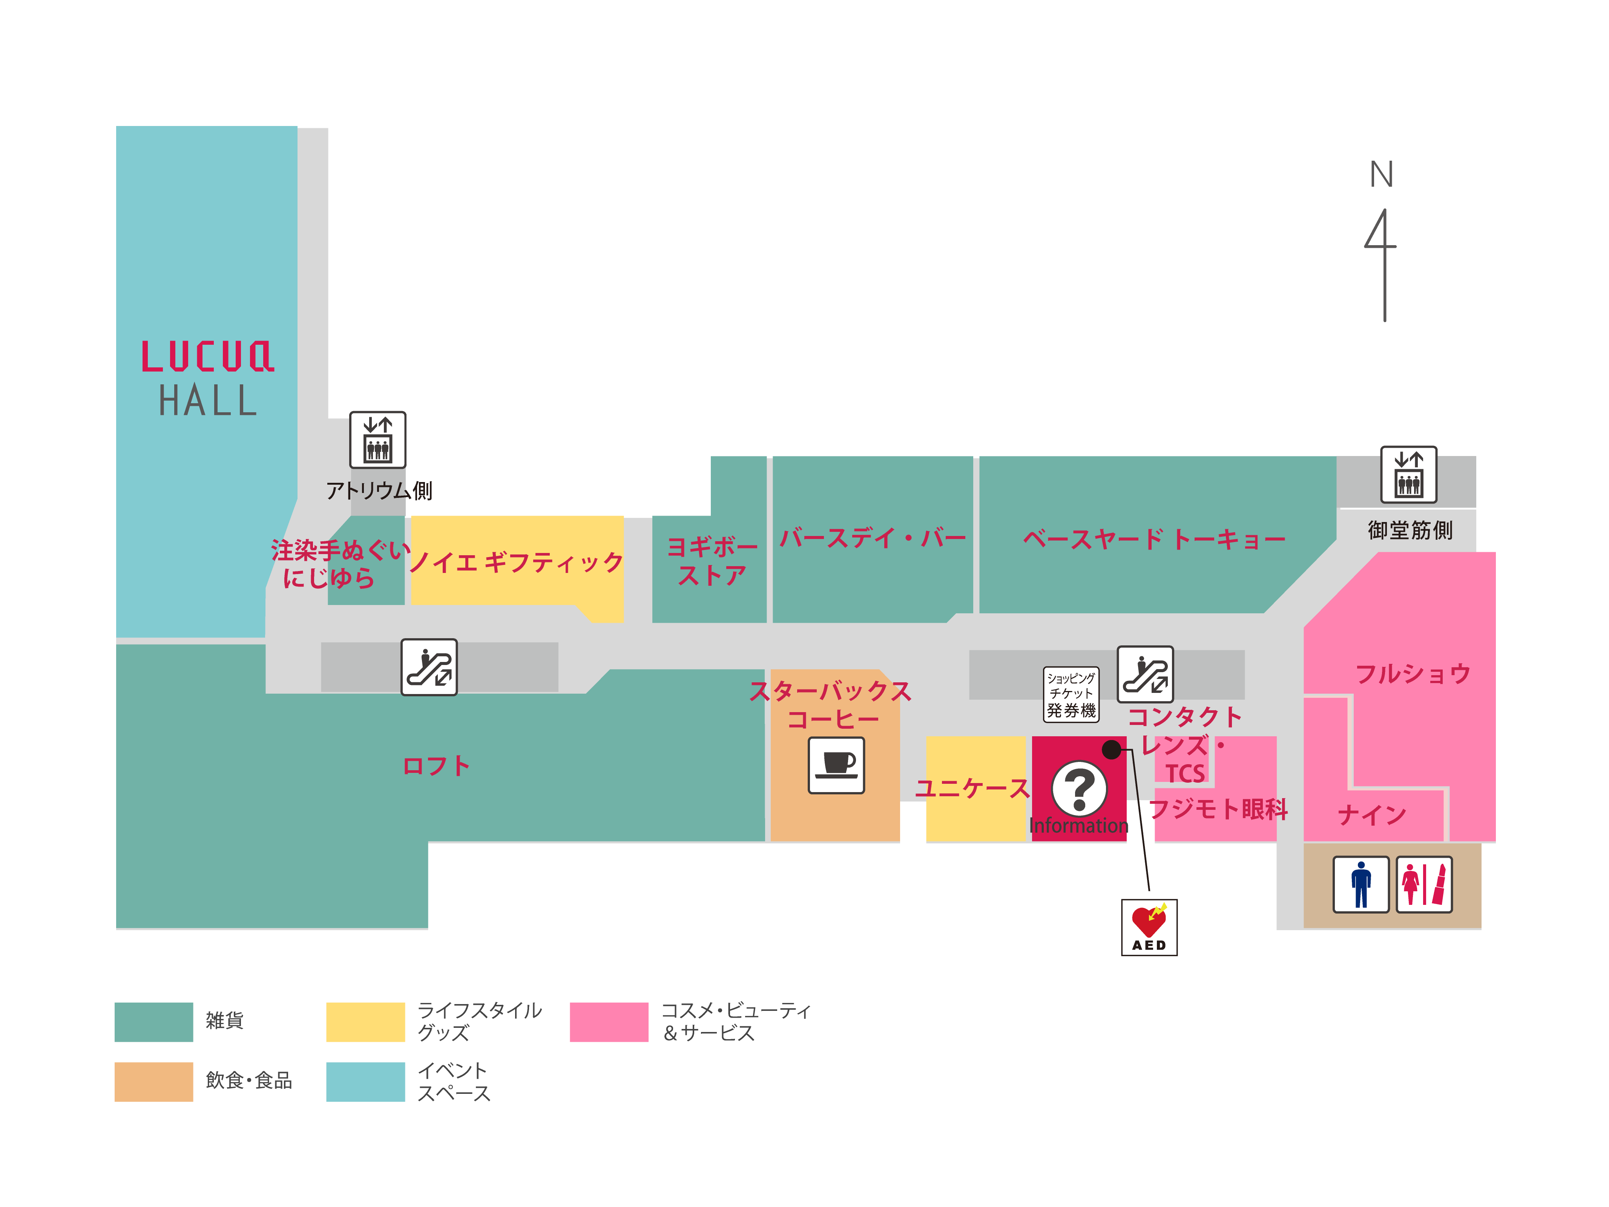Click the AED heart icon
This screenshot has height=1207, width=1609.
(x=1149, y=926)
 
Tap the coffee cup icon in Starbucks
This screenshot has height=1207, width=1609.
(x=836, y=765)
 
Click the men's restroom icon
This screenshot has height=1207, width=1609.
(x=1360, y=884)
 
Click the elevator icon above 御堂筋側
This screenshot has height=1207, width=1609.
(x=1408, y=475)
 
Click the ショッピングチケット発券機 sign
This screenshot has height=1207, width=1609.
(x=1071, y=694)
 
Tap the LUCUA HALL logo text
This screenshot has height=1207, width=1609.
(x=207, y=378)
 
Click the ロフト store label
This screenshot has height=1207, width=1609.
(x=436, y=765)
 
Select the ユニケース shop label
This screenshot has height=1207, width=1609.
(x=972, y=788)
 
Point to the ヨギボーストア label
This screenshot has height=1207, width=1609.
(x=712, y=560)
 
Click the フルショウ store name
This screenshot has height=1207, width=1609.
(x=1413, y=674)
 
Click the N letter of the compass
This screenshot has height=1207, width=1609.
(x=1381, y=175)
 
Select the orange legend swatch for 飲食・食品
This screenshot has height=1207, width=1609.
(x=153, y=1081)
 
